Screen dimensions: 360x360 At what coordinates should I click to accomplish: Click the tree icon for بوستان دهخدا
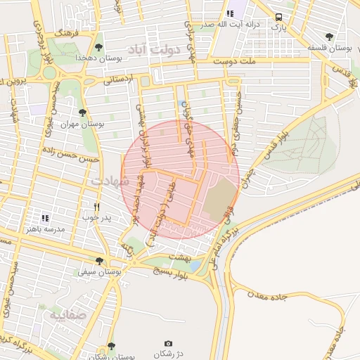point(98,46)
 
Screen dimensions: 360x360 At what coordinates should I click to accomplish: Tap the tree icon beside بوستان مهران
point(83,112)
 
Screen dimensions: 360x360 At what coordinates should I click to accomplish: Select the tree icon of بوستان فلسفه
point(329,37)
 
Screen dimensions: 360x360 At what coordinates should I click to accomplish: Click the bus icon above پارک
point(279,17)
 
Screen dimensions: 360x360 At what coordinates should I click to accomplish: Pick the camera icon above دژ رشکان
point(168,343)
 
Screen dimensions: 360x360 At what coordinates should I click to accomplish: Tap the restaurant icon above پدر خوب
point(97,207)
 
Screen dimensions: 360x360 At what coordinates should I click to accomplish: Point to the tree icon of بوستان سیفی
point(98,261)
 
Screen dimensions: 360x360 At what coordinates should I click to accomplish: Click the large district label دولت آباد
point(153,49)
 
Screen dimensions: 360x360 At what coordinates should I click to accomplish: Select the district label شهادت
point(110,181)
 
